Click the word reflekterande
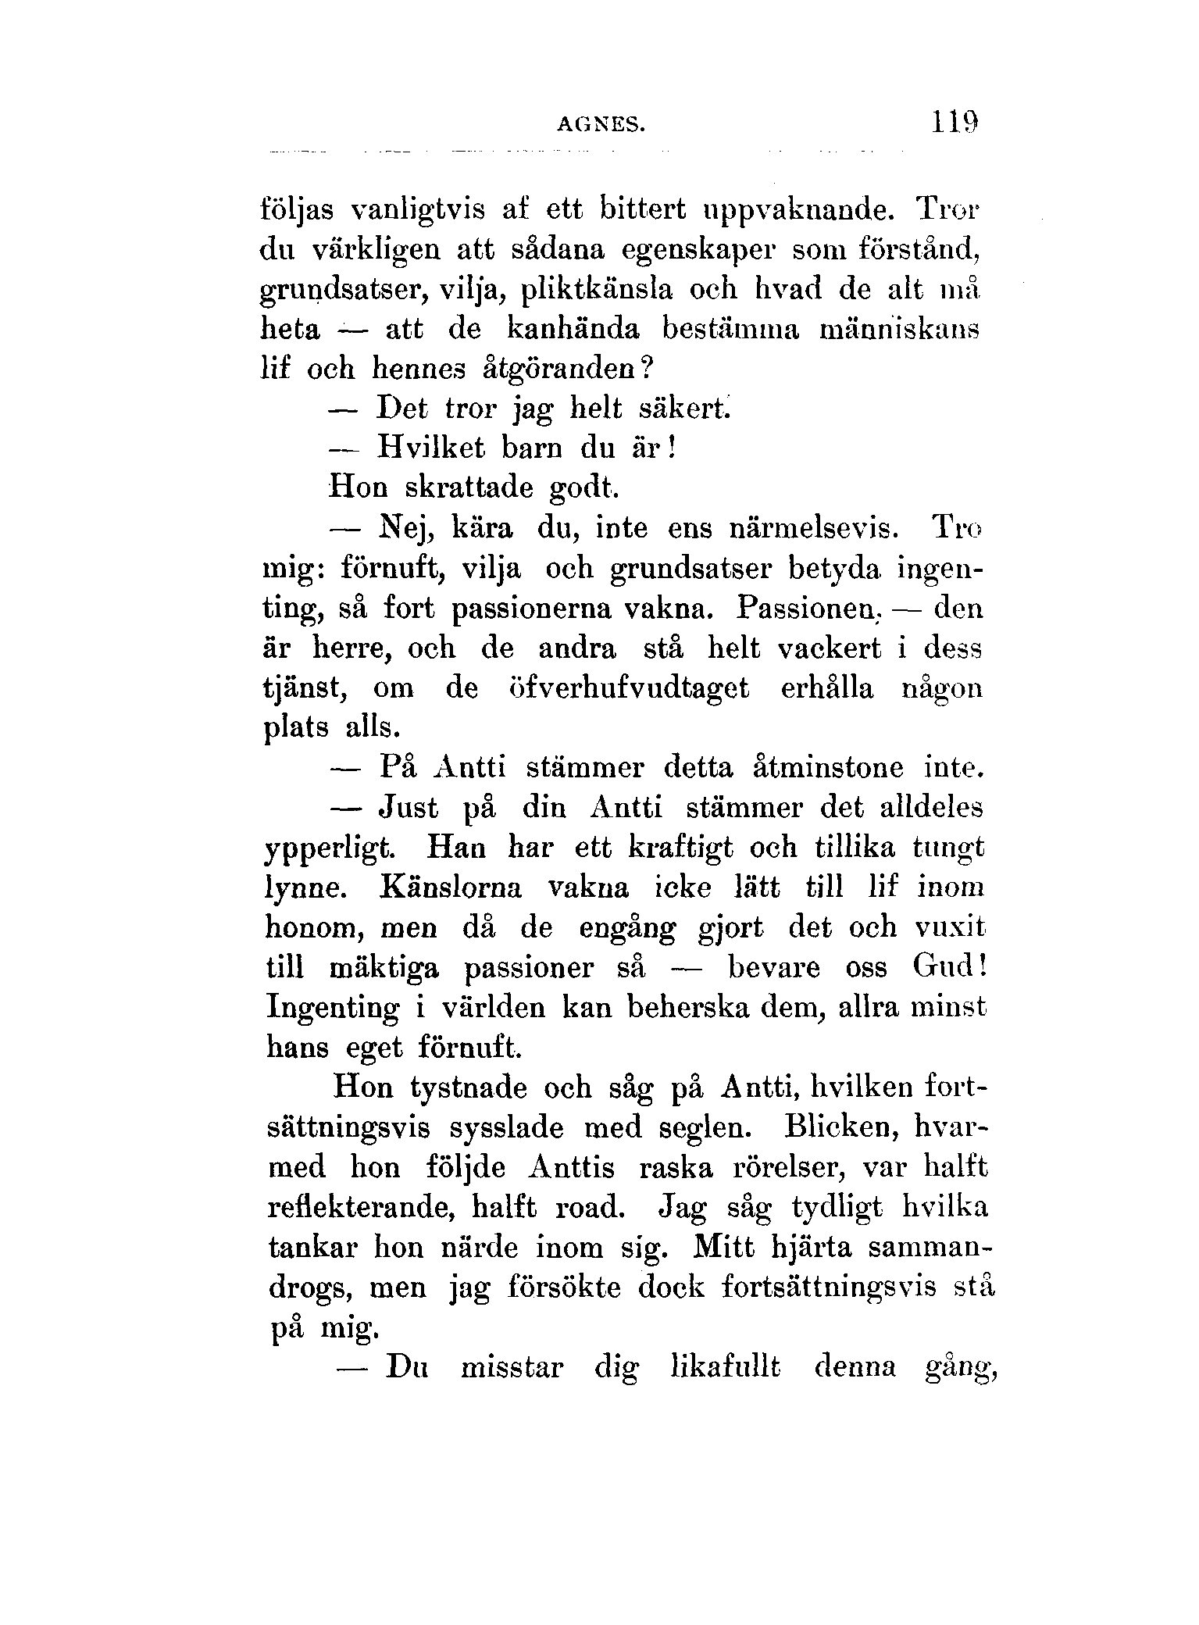pos(362,1208)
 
